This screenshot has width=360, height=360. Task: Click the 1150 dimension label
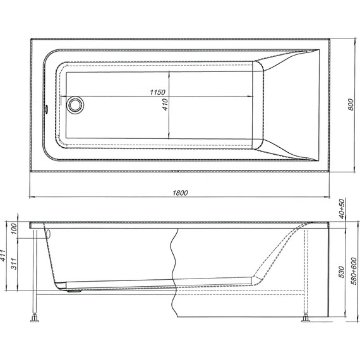[158, 92]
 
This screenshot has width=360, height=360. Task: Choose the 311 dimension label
[12, 265]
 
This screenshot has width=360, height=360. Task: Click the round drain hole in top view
[75, 104]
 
